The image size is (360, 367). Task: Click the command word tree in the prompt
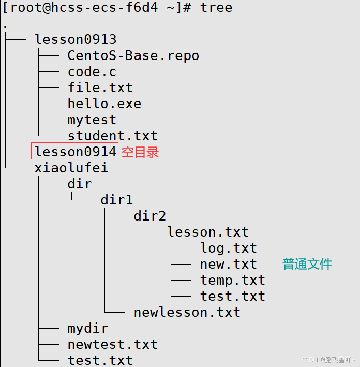[x=216, y=8]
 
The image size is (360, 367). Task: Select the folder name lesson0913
[x=76, y=39]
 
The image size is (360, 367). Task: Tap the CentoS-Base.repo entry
[x=133, y=55]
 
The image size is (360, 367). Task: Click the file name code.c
[x=92, y=71]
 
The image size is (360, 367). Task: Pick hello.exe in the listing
[x=104, y=104]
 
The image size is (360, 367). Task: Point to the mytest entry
[x=92, y=120]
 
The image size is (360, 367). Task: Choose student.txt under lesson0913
[x=113, y=136]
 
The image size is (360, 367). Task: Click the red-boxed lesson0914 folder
[x=76, y=152]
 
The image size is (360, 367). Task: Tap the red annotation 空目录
[x=140, y=152]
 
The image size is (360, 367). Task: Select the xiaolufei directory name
[x=71, y=168]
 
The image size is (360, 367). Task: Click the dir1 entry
[x=117, y=200]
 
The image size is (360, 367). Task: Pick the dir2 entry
[x=150, y=216]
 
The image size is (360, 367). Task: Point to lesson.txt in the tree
[x=208, y=232]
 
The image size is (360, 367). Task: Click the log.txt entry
[x=229, y=248]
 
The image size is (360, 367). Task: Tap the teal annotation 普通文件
[x=307, y=264]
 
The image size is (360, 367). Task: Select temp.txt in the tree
[x=233, y=280]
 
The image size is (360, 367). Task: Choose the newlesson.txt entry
[x=187, y=312]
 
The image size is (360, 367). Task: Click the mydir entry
[x=88, y=328]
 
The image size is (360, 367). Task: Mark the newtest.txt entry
[x=113, y=344]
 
